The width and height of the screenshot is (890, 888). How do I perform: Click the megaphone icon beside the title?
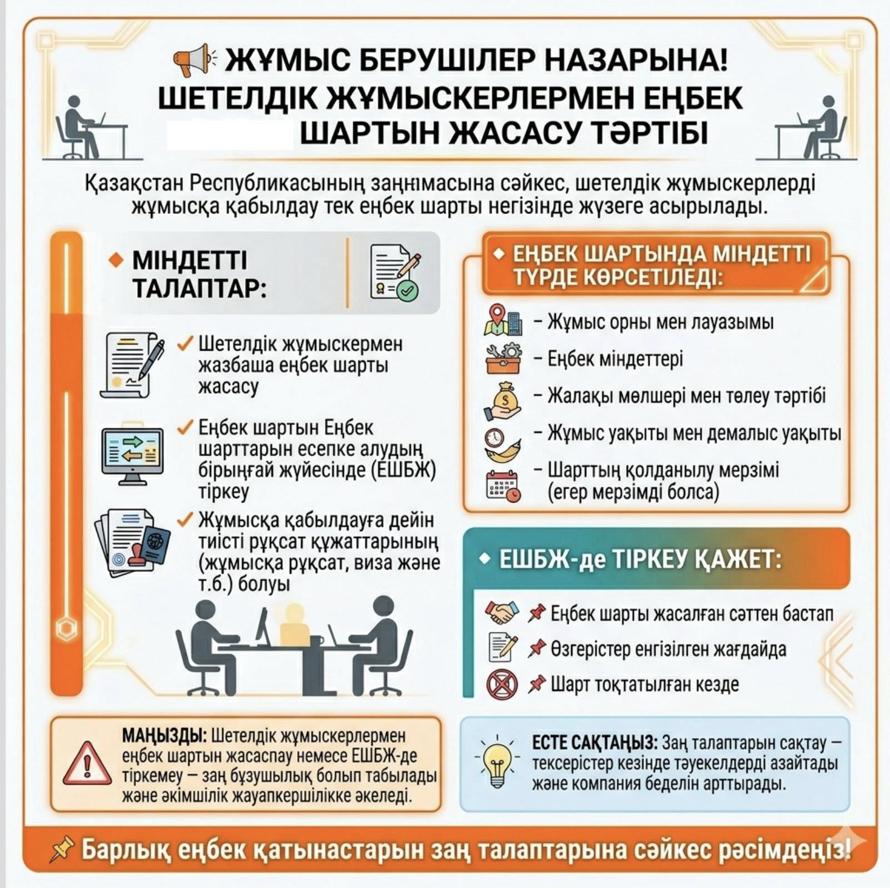192,59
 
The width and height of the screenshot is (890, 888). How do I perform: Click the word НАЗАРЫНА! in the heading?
635,61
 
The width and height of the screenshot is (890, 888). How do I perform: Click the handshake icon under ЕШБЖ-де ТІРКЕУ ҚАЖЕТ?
502,613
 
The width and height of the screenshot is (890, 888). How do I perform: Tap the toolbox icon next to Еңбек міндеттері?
503,359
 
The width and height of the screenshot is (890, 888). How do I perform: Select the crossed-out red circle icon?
502,684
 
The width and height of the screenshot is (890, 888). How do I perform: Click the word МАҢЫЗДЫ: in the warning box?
164,736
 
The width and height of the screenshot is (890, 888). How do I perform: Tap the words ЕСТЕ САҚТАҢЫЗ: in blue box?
594,743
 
